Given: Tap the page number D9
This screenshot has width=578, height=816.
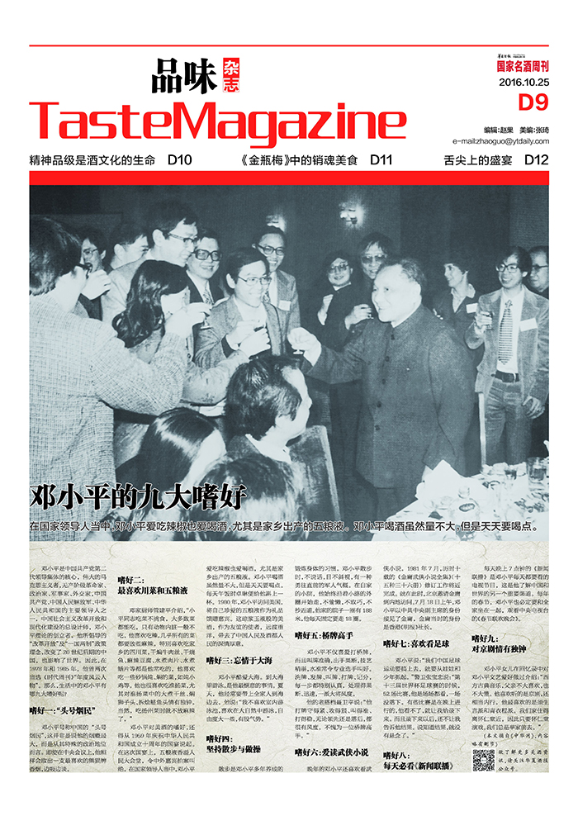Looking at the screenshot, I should [533, 102].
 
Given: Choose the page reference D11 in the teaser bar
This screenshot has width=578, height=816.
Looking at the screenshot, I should [381, 160].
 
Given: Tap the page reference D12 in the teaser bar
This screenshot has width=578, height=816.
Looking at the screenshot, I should [536, 160].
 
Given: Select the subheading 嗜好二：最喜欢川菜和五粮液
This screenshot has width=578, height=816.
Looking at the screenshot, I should [152, 586].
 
